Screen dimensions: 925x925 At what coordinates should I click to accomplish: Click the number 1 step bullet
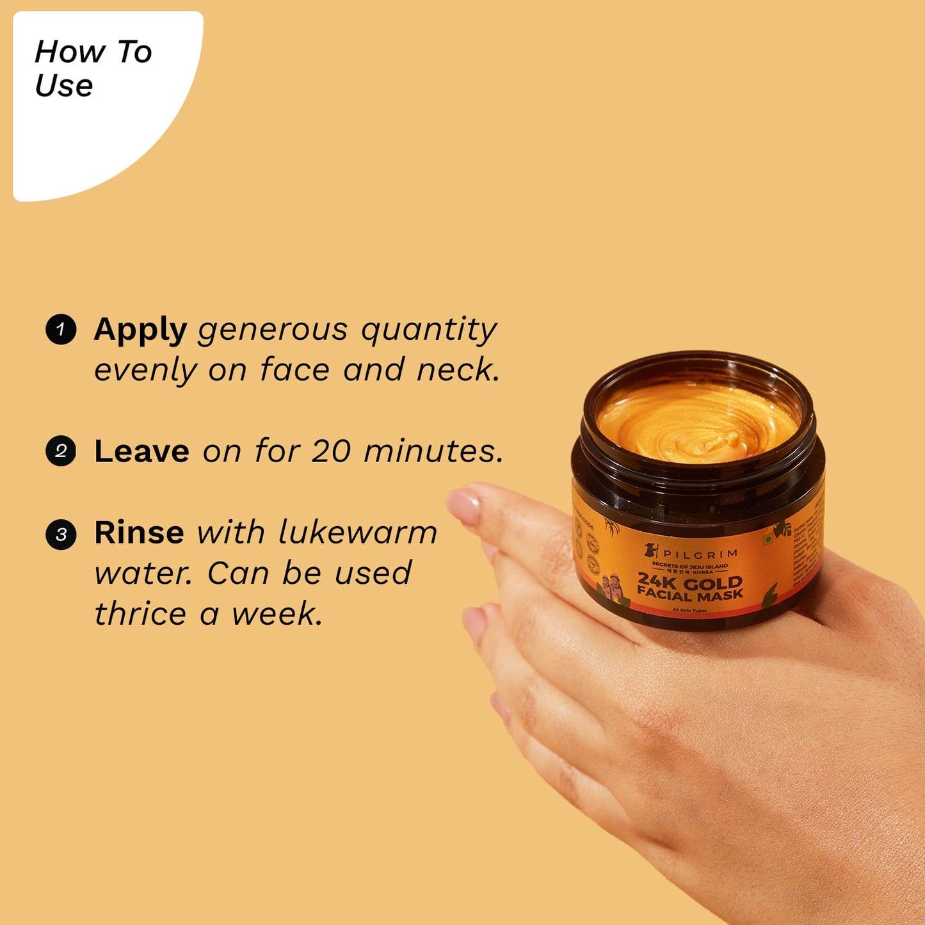point(61,330)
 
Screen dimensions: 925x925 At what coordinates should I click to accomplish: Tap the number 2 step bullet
point(61,451)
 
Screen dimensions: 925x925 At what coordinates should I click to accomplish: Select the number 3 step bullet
point(61,533)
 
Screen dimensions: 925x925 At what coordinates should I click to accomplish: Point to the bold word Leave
point(141,451)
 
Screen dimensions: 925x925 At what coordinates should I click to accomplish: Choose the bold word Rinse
point(139,533)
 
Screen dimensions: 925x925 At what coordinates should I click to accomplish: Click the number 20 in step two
point(330,451)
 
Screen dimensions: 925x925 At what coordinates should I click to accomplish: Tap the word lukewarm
point(357,533)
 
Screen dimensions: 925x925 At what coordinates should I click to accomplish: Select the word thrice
point(140,614)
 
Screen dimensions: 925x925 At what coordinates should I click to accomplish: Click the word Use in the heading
point(64,86)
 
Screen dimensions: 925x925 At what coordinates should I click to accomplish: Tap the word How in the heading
point(70,52)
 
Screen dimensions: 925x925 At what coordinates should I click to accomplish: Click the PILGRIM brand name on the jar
point(700,553)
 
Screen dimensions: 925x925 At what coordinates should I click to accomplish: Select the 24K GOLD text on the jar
point(690,582)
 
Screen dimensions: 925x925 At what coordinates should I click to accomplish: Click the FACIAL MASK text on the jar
point(690,595)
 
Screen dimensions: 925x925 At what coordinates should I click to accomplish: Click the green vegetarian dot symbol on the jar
point(768,540)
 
